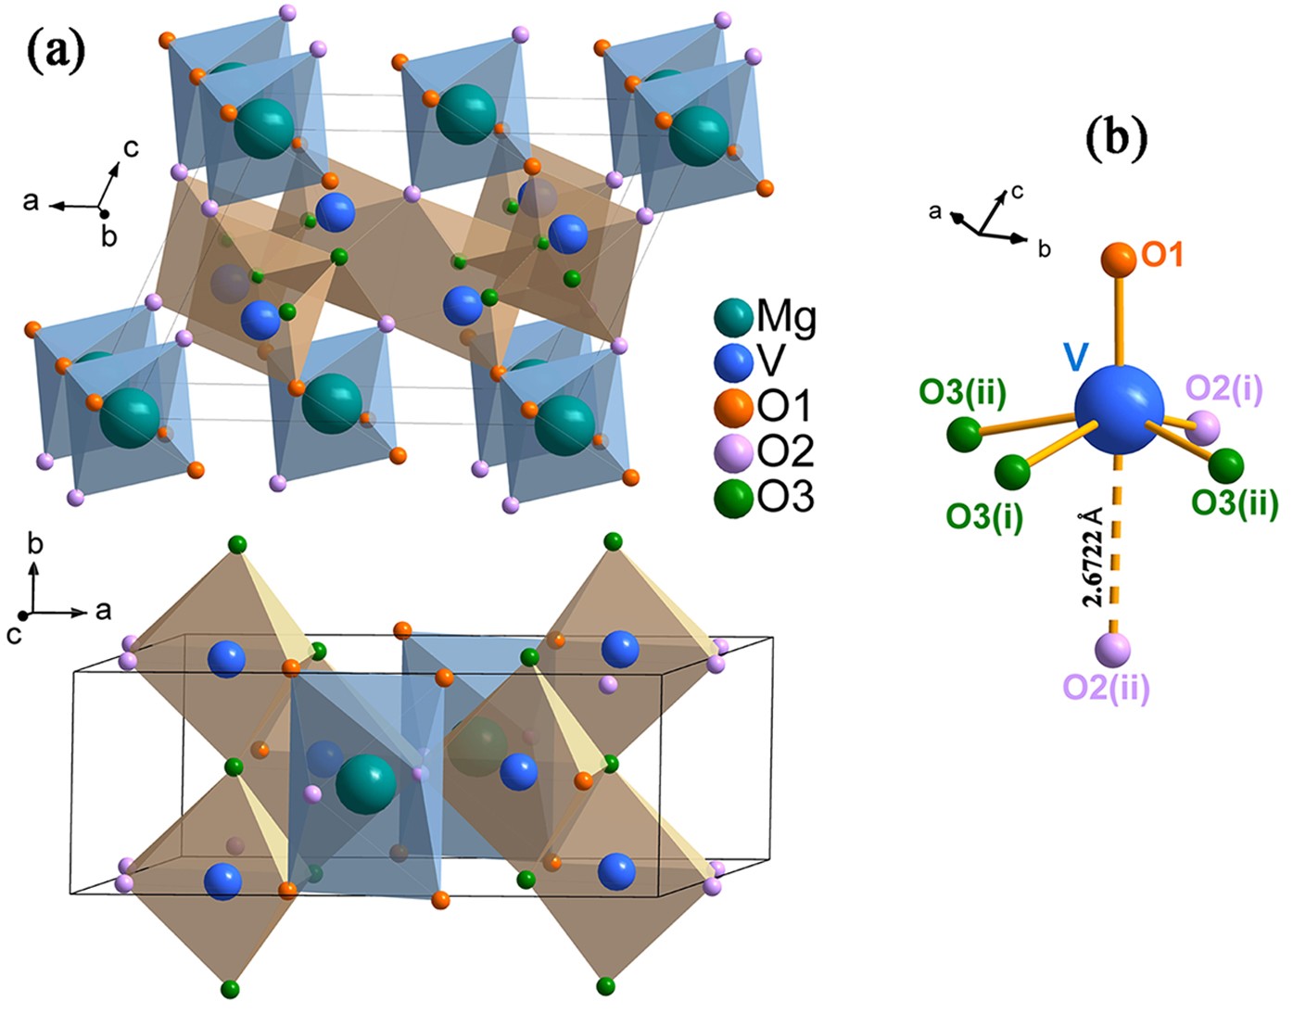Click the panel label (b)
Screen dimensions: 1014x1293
(1117, 136)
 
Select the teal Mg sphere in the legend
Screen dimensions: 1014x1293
(732, 318)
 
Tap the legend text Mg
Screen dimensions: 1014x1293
(787, 317)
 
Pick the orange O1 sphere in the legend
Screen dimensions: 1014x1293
(733, 407)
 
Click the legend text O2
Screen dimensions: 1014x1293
(786, 452)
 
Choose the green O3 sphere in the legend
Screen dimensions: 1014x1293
(733, 499)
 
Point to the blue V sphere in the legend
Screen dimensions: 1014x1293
(733, 362)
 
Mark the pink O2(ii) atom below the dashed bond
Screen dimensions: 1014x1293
(1111, 650)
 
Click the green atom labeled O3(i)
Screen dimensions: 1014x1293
(1011, 472)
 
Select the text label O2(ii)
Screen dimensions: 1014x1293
(1106, 688)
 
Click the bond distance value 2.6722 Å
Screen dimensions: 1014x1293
(1094, 556)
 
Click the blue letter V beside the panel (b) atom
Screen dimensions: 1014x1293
(1075, 356)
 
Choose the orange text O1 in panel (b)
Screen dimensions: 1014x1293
(1162, 255)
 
